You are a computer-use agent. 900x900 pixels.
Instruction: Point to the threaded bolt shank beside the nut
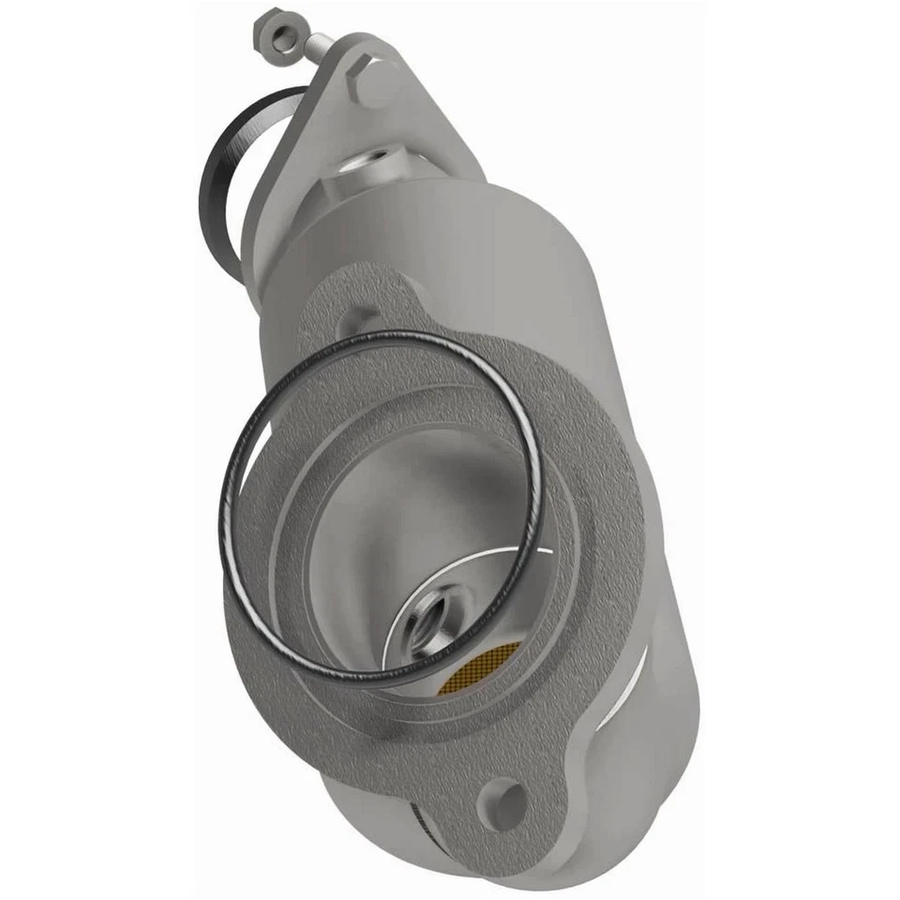[x=317, y=42]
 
